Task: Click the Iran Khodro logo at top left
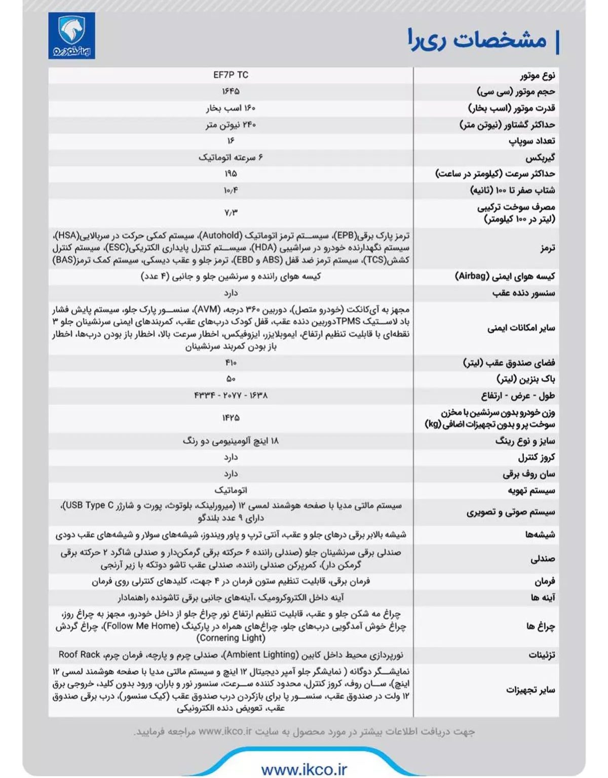coord(71,35)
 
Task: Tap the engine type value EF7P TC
coord(231,75)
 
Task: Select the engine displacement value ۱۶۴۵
coord(231,91)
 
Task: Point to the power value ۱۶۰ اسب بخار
coord(231,108)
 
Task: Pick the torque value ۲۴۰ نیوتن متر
coord(231,125)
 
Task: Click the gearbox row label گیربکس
coord(540,158)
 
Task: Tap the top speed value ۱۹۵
coord(231,174)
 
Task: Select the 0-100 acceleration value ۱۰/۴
coord(231,190)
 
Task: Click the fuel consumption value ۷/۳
coord(231,213)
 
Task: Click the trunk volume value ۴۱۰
coord(231,363)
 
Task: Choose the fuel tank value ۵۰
coord(231,379)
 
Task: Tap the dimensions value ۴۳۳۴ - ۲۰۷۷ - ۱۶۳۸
coord(231,395)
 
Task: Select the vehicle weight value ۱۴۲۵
coord(231,418)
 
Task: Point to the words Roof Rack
coord(79,654)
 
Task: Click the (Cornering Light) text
coord(231,638)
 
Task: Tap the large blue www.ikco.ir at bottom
coord(304,769)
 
